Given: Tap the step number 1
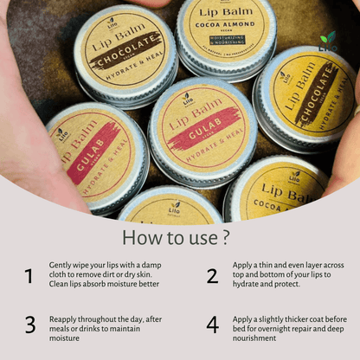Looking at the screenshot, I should (x=29, y=276).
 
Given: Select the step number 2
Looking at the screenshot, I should (x=212, y=276).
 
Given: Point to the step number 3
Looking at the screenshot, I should (x=29, y=325).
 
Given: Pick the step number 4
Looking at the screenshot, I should (x=212, y=325).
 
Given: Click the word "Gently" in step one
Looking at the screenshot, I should (x=61, y=267).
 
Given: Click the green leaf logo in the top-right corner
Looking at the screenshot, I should (x=327, y=39).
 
